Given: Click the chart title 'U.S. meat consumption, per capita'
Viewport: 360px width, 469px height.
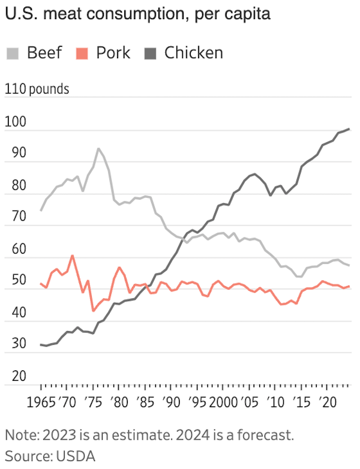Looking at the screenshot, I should click(x=137, y=14).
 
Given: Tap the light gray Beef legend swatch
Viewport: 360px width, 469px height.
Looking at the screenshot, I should click(x=13, y=53).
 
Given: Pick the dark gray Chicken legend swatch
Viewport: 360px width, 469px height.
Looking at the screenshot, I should click(x=151, y=53).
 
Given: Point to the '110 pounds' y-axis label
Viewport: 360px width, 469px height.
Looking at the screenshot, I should click(x=37, y=89).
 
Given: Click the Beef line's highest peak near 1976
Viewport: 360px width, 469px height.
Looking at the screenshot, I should click(x=98, y=149).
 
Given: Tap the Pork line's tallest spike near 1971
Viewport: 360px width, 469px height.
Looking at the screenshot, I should click(x=72, y=256).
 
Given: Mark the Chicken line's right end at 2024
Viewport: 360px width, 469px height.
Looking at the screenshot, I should click(x=349, y=129).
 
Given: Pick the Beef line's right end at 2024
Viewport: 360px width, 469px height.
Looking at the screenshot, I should click(x=349, y=265).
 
